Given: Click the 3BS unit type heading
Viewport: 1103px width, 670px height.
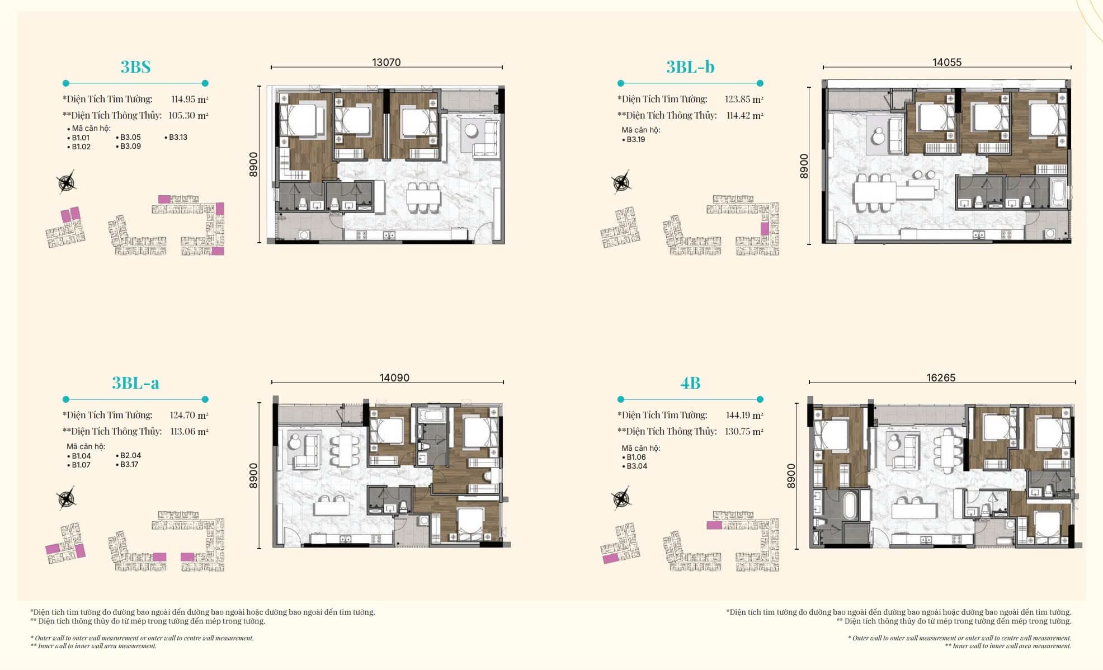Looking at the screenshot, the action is point(135,67).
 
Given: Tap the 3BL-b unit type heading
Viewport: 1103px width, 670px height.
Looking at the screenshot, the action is point(690,67).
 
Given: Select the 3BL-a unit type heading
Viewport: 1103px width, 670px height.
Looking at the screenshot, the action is point(135,383).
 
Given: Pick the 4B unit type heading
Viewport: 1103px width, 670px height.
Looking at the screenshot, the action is point(690,383).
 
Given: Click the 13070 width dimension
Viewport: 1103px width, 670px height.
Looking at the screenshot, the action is point(386,62).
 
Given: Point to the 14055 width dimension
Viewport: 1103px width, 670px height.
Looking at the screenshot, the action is point(947,62).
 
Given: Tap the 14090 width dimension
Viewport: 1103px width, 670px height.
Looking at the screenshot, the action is point(394,378).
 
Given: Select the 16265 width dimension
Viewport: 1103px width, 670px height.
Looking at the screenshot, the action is point(941,378).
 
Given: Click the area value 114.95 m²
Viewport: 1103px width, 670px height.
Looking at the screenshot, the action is point(190,99).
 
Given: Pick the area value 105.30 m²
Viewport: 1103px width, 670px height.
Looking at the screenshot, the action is point(188,115).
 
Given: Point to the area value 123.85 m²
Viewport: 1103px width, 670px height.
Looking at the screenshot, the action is point(744,99).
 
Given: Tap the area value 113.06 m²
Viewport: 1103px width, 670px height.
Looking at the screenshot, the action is point(189,431).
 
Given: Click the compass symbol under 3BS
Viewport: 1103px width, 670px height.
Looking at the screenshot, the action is point(67,182).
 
